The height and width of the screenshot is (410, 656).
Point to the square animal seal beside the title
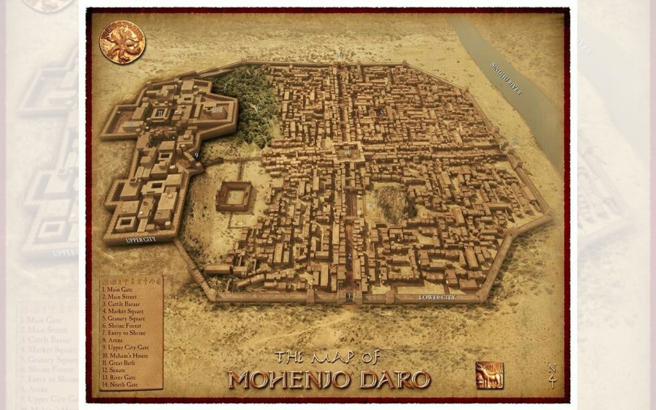489,375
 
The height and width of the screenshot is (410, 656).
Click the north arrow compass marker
552,376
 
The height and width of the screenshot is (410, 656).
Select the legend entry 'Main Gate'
118,290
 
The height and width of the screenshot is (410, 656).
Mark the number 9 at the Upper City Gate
196,155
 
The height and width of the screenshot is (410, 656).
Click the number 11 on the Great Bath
160,113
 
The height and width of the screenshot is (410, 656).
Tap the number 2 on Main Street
349,256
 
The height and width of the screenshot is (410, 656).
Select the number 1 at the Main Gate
348,296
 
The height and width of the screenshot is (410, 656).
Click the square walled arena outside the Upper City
233,197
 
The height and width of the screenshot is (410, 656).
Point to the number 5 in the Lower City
382,112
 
